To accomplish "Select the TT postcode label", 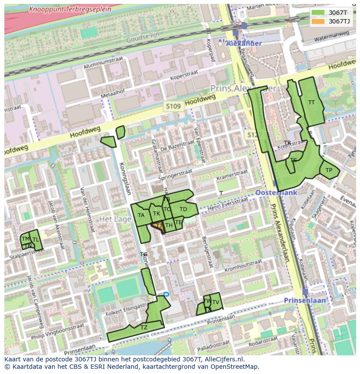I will tap(311, 103).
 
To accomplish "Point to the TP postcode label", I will tap(329, 170).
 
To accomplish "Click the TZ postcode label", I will tap(144, 328).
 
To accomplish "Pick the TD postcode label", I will tap(183, 209).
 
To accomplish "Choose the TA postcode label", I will tap(141, 215).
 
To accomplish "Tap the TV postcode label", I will tap(215, 302).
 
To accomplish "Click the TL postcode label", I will tap(36, 240).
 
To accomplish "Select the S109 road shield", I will tap(173, 106).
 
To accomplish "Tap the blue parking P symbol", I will tap(166, 295).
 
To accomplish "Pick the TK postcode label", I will tap(157, 214).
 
